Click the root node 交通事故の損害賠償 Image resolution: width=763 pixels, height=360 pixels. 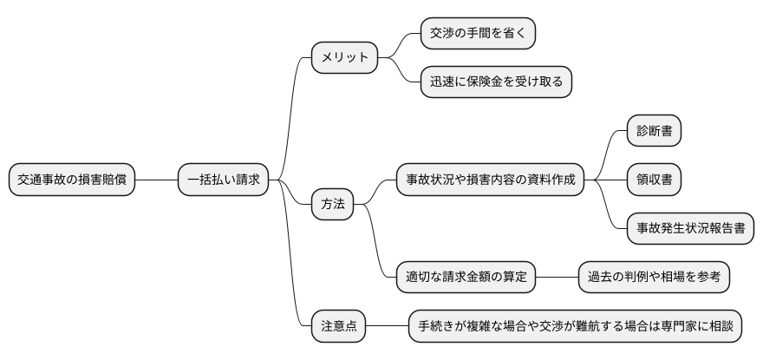[72, 180]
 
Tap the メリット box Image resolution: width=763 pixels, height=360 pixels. [345, 58]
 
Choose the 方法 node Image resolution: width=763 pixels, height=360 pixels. [333, 205]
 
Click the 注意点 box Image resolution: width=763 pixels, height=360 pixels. [339, 326]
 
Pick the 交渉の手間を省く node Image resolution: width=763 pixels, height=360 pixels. [478, 34]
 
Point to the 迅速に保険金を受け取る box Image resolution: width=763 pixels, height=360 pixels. [496, 82]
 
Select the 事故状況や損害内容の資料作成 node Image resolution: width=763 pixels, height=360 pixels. [490, 180]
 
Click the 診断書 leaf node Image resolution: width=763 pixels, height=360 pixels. [654, 131]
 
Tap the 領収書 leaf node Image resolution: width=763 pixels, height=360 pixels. [654, 180]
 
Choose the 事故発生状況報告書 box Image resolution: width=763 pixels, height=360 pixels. [691, 229]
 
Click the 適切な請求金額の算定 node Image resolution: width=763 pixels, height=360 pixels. [465, 278]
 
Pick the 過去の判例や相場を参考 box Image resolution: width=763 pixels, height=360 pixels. [655, 278]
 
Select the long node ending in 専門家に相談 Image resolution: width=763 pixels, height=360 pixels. [576, 326]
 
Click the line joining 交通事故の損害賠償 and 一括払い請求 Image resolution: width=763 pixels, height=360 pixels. [157, 180]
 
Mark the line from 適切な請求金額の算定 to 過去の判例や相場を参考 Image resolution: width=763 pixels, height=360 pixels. [557, 278]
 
